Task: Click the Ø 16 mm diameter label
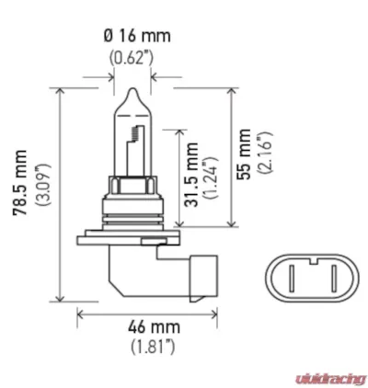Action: [137, 36]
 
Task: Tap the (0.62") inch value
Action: [132, 58]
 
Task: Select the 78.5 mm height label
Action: [20, 183]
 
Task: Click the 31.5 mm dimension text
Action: [192, 175]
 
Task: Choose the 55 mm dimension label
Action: [244, 154]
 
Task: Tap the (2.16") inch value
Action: [265, 153]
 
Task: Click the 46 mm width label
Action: [154, 327]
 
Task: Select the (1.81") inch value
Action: [154, 348]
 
